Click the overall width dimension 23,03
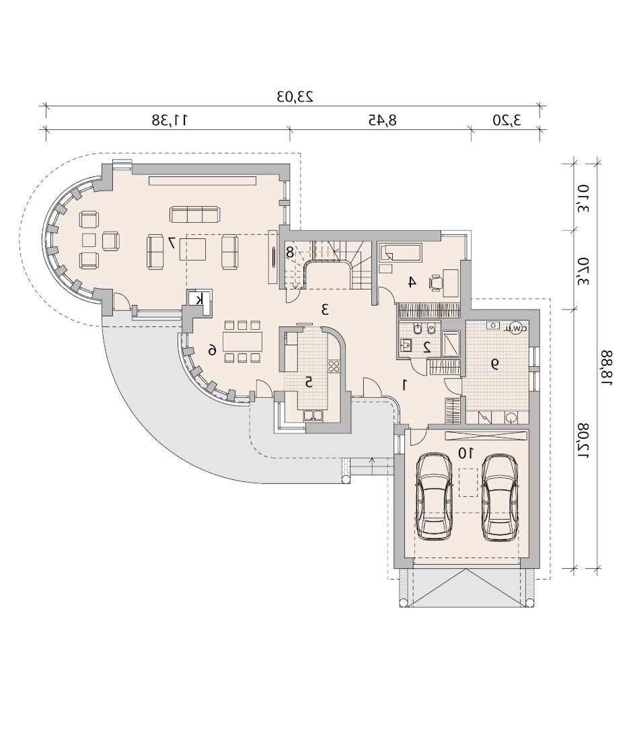295,97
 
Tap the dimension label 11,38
170,120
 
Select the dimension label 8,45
383,120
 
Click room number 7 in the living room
172,242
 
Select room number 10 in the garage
465,452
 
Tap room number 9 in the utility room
495,364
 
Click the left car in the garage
434,497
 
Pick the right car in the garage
499,497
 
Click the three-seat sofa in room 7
194,215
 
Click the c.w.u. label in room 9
516,327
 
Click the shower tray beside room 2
451,343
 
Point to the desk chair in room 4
436,282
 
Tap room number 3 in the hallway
325,309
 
